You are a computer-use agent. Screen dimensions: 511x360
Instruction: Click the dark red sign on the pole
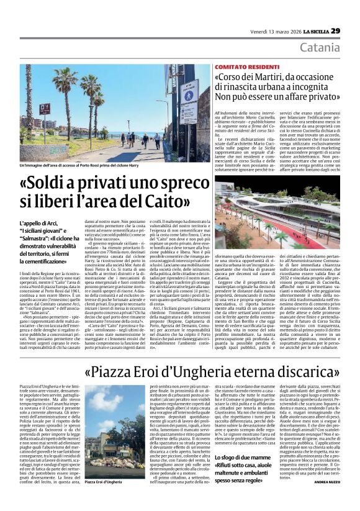coord(45,109)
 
